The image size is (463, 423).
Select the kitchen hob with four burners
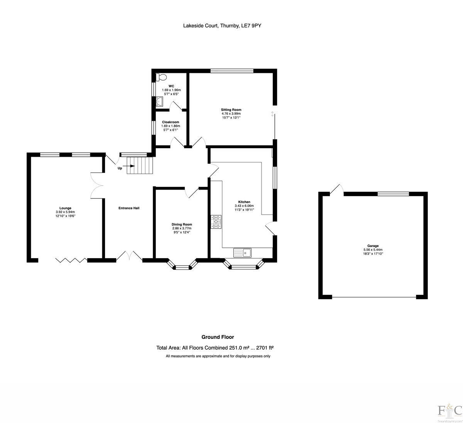pos(216,222)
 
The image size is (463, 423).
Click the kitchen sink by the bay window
pos(242,253)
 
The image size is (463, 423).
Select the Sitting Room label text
pos(231,110)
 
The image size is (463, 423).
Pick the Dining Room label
pos(182,224)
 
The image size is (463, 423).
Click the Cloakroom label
pos(170,122)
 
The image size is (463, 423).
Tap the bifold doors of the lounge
pos(71,261)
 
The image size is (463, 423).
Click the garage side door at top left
pos(337,190)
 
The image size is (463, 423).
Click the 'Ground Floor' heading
pos(218,337)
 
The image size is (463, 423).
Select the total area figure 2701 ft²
pos(264,348)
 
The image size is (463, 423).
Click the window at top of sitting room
pos(232,71)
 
